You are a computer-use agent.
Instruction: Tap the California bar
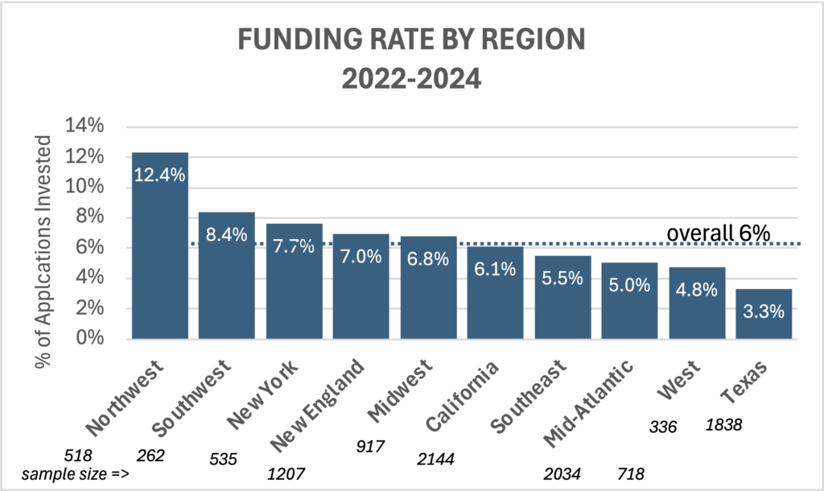(x=495, y=293)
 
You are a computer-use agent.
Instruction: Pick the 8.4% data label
(x=227, y=237)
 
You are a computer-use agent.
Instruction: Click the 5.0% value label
(x=629, y=285)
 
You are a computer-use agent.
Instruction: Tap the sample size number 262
(x=151, y=456)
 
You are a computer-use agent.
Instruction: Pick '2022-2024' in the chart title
(x=411, y=78)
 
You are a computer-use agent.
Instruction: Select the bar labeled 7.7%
(x=294, y=281)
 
